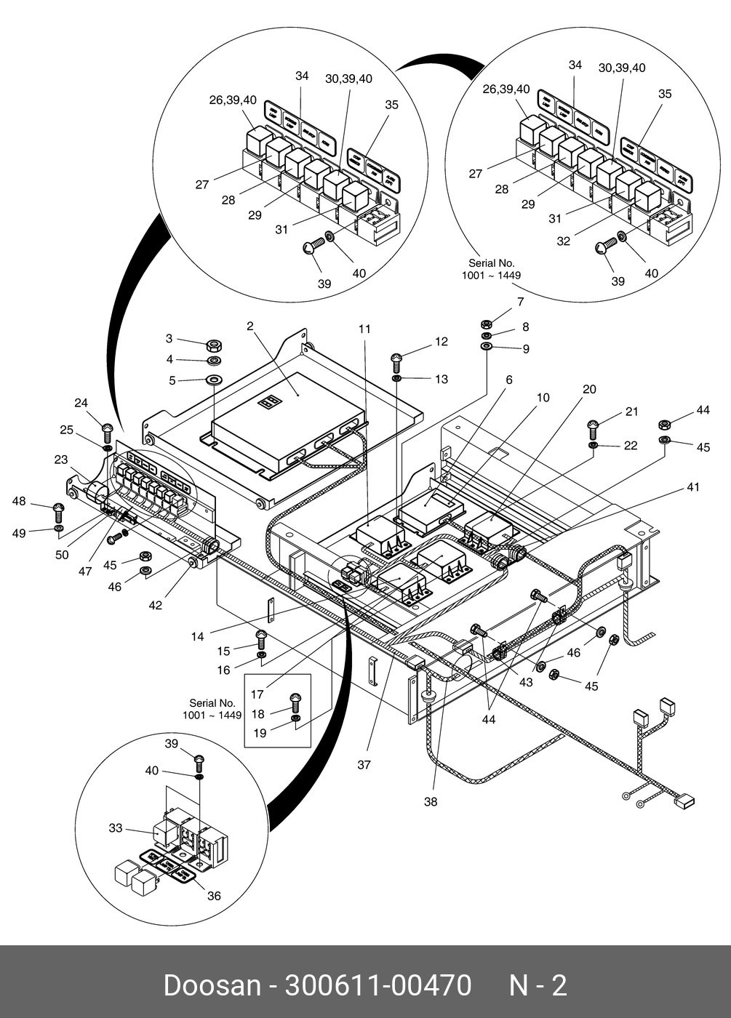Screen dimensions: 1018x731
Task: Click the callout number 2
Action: pyautogui.click(x=250, y=326)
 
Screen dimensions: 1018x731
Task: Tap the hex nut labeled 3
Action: pyautogui.click(x=214, y=345)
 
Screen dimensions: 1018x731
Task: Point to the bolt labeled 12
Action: pyautogui.click(x=396, y=359)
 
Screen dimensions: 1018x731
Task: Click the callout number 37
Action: pyautogui.click(x=364, y=764)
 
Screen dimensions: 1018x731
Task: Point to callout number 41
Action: pyautogui.click(x=692, y=486)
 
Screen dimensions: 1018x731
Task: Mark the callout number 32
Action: pyautogui.click(x=564, y=241)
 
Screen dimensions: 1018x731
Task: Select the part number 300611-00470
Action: pyautogui.click(x=378, y=985)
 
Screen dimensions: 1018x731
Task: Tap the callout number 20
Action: pyautogui.click(x=589, y=389)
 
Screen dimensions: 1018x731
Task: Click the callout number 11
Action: pyautogui.click(x=364, y=329)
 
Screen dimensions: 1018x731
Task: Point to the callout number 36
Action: pyautogui.click(x=214, y=896)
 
